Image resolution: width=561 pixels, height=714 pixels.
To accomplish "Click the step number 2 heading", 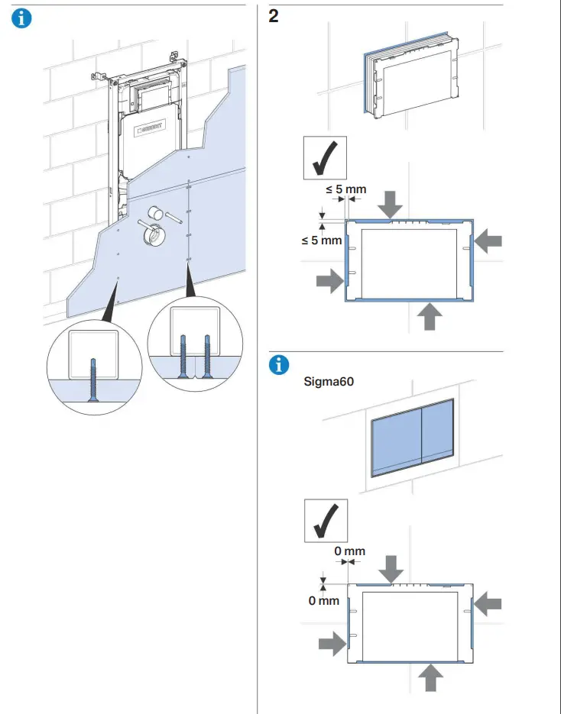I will pos(273,17).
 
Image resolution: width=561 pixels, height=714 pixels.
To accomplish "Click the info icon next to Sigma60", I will pos(280,365).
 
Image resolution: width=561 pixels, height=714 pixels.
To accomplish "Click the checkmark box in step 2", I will pos(325,157).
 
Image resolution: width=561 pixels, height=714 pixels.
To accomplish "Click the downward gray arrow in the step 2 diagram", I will pos(391,204).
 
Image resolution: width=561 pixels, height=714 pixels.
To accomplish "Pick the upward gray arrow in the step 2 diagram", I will pos(430,315).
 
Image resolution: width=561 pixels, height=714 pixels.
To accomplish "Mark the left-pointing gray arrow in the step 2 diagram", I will pos(488,241).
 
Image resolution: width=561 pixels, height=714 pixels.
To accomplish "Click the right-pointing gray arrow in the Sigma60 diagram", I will pos(331,644).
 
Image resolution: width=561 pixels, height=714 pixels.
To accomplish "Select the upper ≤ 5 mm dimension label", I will pos(346,189).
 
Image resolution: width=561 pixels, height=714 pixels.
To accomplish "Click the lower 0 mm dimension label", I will pos(323,601).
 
